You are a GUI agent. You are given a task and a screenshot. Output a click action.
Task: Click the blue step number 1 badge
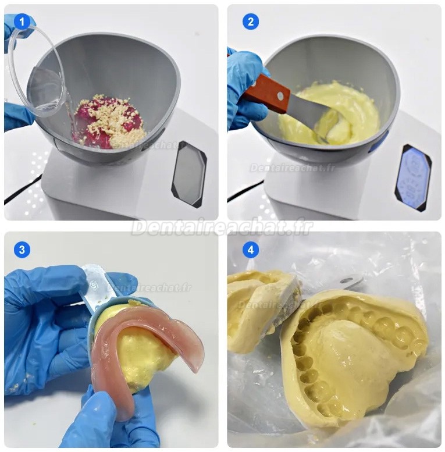tap(22, 22)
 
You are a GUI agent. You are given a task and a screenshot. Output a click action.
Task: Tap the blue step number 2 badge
tap(250, 22)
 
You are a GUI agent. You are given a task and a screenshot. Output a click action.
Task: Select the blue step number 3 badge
tap(22, 250)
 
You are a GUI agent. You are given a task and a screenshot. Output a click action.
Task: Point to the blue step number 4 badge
tap(250, 250)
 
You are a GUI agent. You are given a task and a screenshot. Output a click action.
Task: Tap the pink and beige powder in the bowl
tap(109, 121)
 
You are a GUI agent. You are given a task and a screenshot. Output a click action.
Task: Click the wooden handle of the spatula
tap(265, 93)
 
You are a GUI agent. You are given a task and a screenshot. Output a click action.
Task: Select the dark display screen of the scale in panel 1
tap(188, 173)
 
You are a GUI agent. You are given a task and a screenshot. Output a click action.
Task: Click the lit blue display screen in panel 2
tap(413, 177)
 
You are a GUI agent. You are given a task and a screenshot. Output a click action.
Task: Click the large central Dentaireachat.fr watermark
tap(222, 226)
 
